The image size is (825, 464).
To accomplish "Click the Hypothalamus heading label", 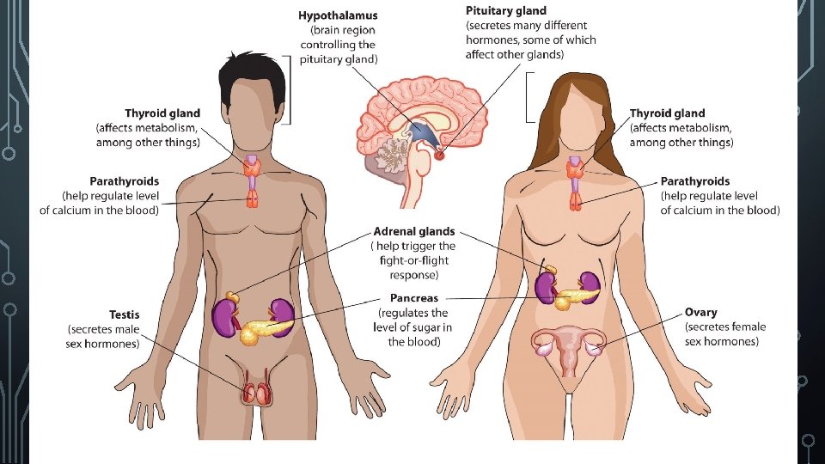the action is click(x=337, y=15).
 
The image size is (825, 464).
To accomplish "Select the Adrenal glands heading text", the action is click(x=414, y=232).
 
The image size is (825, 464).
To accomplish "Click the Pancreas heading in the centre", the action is click(x=413, y=298).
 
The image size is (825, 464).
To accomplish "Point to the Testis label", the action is click(x=124, y=315).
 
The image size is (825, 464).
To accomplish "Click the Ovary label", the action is click(x=700, y=313).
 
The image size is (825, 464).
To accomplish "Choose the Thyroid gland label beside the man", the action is click(x=162, y=113).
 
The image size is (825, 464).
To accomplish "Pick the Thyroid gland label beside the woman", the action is click(x=667, y=113).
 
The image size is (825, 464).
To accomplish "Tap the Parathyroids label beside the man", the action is click(x=124, y=181).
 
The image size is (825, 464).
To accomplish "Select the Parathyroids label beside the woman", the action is click(x=695, y=181).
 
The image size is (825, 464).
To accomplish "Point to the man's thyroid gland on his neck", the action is click(x=253, y=168).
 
